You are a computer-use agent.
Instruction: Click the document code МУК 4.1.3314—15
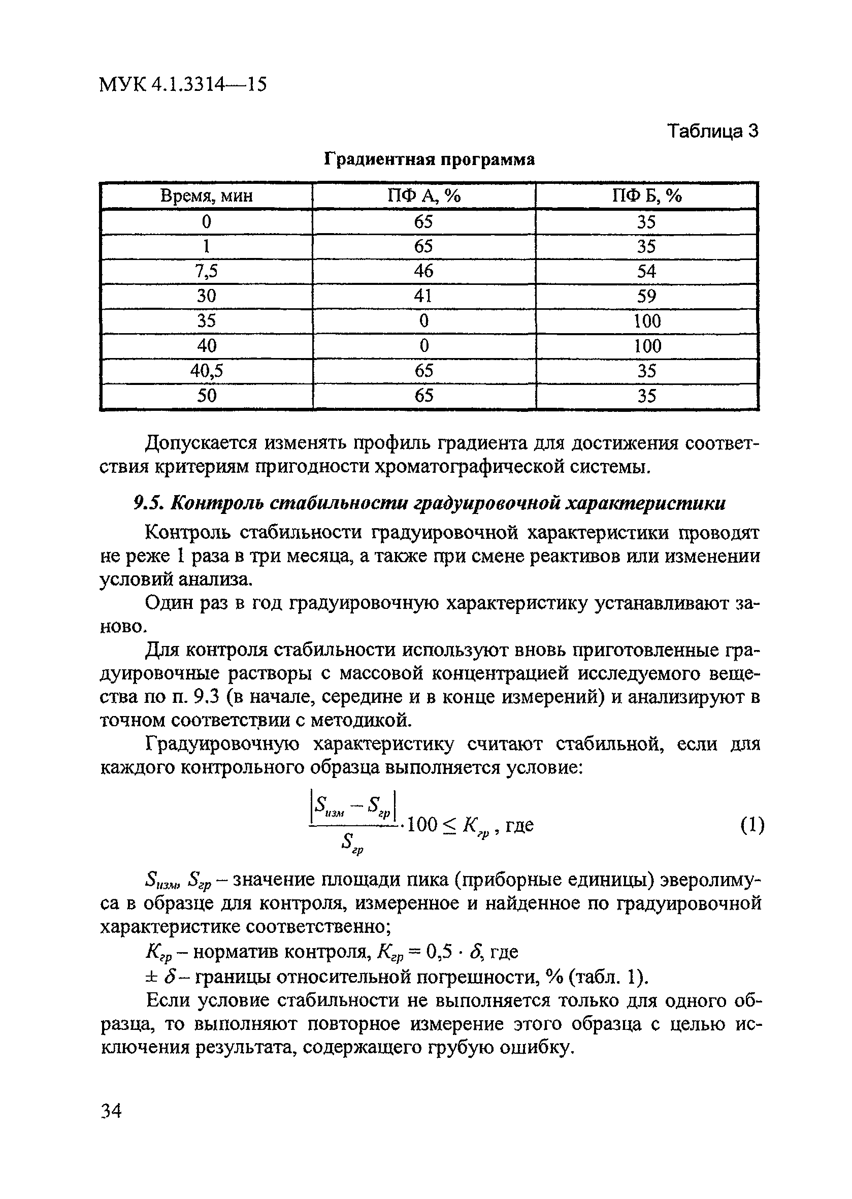point(183,84)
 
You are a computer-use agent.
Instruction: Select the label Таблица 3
point(712,131)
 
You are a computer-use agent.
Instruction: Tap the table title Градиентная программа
point(429,159)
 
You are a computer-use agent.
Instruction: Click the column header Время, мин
point(206,196)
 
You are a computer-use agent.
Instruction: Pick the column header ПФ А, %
point(423,196)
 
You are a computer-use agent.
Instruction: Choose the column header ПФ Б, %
point(647,196)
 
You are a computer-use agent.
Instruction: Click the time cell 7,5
point(206,271)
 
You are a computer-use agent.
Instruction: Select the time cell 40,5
point(206,371)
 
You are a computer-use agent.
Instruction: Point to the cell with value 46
point(423,271)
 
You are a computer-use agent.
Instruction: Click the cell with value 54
point(646,271)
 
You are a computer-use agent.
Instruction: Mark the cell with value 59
point(646,297)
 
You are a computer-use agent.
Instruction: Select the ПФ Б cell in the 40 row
point(647,346)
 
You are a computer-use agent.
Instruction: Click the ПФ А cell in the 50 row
point(424,396)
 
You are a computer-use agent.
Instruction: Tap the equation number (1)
point(752,826)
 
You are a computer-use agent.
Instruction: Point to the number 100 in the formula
point(422,825)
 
